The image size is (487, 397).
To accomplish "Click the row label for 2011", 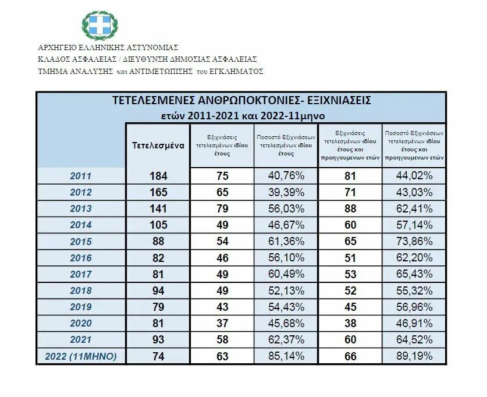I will click(x=80, y=176).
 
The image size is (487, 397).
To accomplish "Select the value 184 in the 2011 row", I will click(x=158, y=176).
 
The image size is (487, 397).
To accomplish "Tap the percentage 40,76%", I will click(x=286, y=176).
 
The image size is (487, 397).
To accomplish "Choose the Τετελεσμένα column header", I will click(x=159, y=145).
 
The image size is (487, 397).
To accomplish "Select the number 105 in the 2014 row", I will click(x=158, y=225).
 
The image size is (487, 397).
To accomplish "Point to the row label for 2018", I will click(x=80, y=290).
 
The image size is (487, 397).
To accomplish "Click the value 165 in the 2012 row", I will click(x=158, y=192).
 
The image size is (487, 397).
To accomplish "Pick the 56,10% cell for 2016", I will click(x=286, y=257).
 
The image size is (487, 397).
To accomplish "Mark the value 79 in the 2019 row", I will click(x=158, y=306).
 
